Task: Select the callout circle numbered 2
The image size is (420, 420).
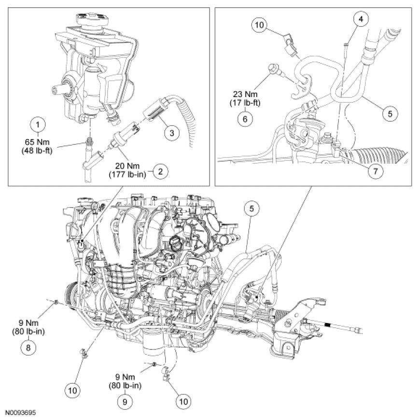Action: click(158, 170)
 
